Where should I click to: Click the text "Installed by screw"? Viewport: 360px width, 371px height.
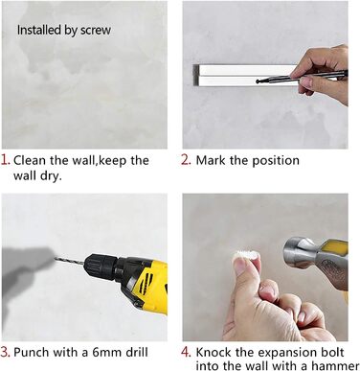[x=64, y=30]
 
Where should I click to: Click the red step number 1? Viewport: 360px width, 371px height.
[x=5, y=160]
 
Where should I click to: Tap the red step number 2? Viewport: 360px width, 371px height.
[x=186, y=160]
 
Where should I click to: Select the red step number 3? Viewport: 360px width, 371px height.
[x=6, y=352]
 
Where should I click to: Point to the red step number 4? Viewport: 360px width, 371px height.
[x=186, y=352]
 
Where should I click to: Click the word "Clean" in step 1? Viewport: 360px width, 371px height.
[x=30, y=160]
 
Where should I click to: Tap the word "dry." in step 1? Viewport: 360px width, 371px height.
[x=51, y=176]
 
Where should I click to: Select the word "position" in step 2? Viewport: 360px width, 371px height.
[x=276, y=161]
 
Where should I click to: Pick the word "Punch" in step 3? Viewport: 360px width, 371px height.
[x=32, y=353]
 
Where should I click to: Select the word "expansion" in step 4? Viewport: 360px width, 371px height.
[x=286, y=353]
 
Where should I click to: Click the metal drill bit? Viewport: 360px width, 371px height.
[x=70, y=261]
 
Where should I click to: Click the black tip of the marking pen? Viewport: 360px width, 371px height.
[x=258, y=81]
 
